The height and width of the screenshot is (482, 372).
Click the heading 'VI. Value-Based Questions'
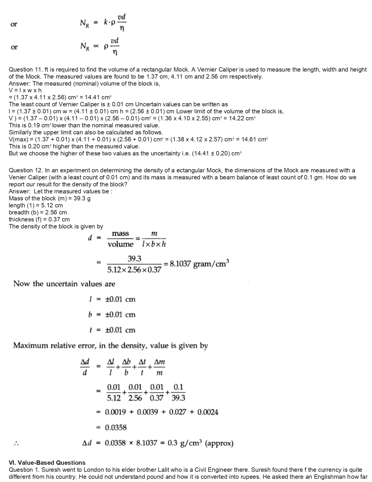(x=47, y=463)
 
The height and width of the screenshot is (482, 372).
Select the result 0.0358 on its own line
(x=116, y=428)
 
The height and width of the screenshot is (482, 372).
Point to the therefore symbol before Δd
(x=16, y=444)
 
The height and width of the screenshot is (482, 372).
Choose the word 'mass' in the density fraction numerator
(x=120, y=234)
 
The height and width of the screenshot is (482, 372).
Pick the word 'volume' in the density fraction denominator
(x=120, y=244)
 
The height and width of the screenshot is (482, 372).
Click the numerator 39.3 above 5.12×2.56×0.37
(x=134, y=259)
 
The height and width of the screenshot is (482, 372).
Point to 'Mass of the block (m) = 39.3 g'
(x=50, y=198)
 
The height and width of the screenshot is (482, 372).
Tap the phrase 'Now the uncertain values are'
(x=64, y=284)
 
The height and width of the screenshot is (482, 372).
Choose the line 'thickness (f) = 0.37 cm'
(x=39, y=219)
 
